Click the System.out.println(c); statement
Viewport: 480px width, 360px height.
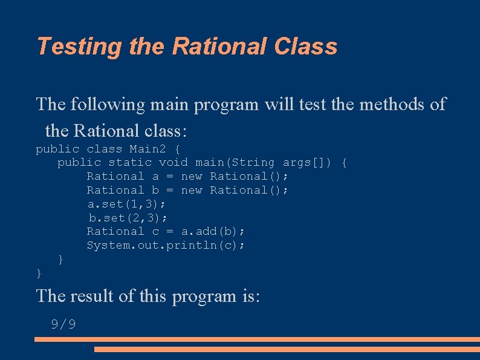tap(166, 245)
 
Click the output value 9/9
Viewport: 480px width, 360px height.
tap(63, 324)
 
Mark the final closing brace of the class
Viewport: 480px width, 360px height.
tap(39, 273)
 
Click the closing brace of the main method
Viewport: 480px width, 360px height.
tap(60, 259)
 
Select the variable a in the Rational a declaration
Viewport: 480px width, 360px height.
tap(155, 176)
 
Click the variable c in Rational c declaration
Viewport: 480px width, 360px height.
tap(155, 231)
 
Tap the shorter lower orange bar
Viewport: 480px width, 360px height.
tap(287, 349)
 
